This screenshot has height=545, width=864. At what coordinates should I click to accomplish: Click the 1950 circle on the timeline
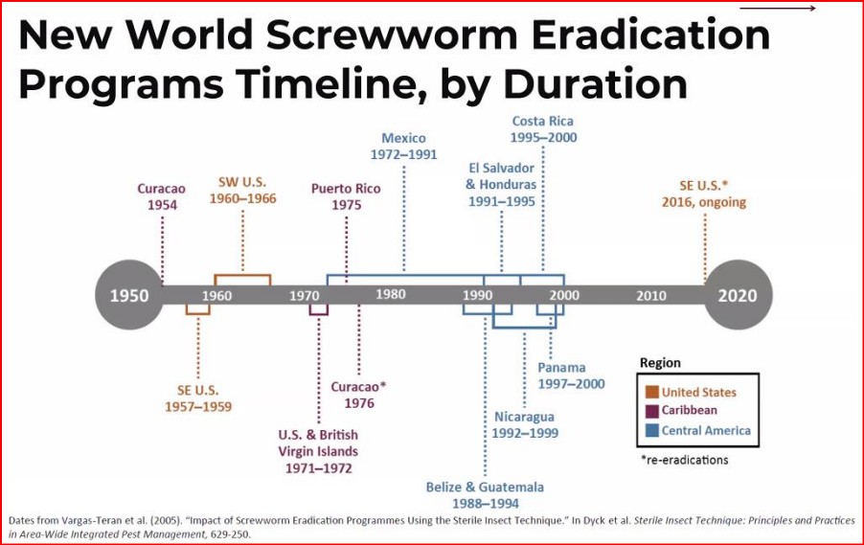click(129, 294)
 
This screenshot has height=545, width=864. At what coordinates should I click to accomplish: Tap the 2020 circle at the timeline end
click(737, 294)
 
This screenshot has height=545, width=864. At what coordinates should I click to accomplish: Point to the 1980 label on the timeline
click(391, 294)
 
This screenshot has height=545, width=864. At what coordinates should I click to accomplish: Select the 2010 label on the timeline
click(651, 295)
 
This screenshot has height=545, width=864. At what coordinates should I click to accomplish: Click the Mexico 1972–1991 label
click(403, 146)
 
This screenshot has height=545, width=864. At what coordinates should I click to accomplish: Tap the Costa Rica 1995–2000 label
click(543, 129)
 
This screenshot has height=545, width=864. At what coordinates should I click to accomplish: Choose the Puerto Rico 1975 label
click(346, 196)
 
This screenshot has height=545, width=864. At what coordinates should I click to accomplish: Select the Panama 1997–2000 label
click(571, 375)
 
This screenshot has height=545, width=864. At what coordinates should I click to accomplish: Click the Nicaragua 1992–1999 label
click(526, 424)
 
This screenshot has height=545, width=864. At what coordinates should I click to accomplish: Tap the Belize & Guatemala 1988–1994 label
click(485, 495)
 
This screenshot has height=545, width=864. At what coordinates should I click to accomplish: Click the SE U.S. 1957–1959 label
click(198, 397)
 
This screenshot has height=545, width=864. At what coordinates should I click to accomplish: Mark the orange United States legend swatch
click(651, 392)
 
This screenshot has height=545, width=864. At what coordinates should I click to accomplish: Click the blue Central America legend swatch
click(651, 430)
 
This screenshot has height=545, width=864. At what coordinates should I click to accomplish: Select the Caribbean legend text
click(690, 411)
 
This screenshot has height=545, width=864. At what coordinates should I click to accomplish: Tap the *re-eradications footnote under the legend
click(684, 460)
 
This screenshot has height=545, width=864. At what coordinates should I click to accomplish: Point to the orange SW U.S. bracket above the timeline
click(242, 280)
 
